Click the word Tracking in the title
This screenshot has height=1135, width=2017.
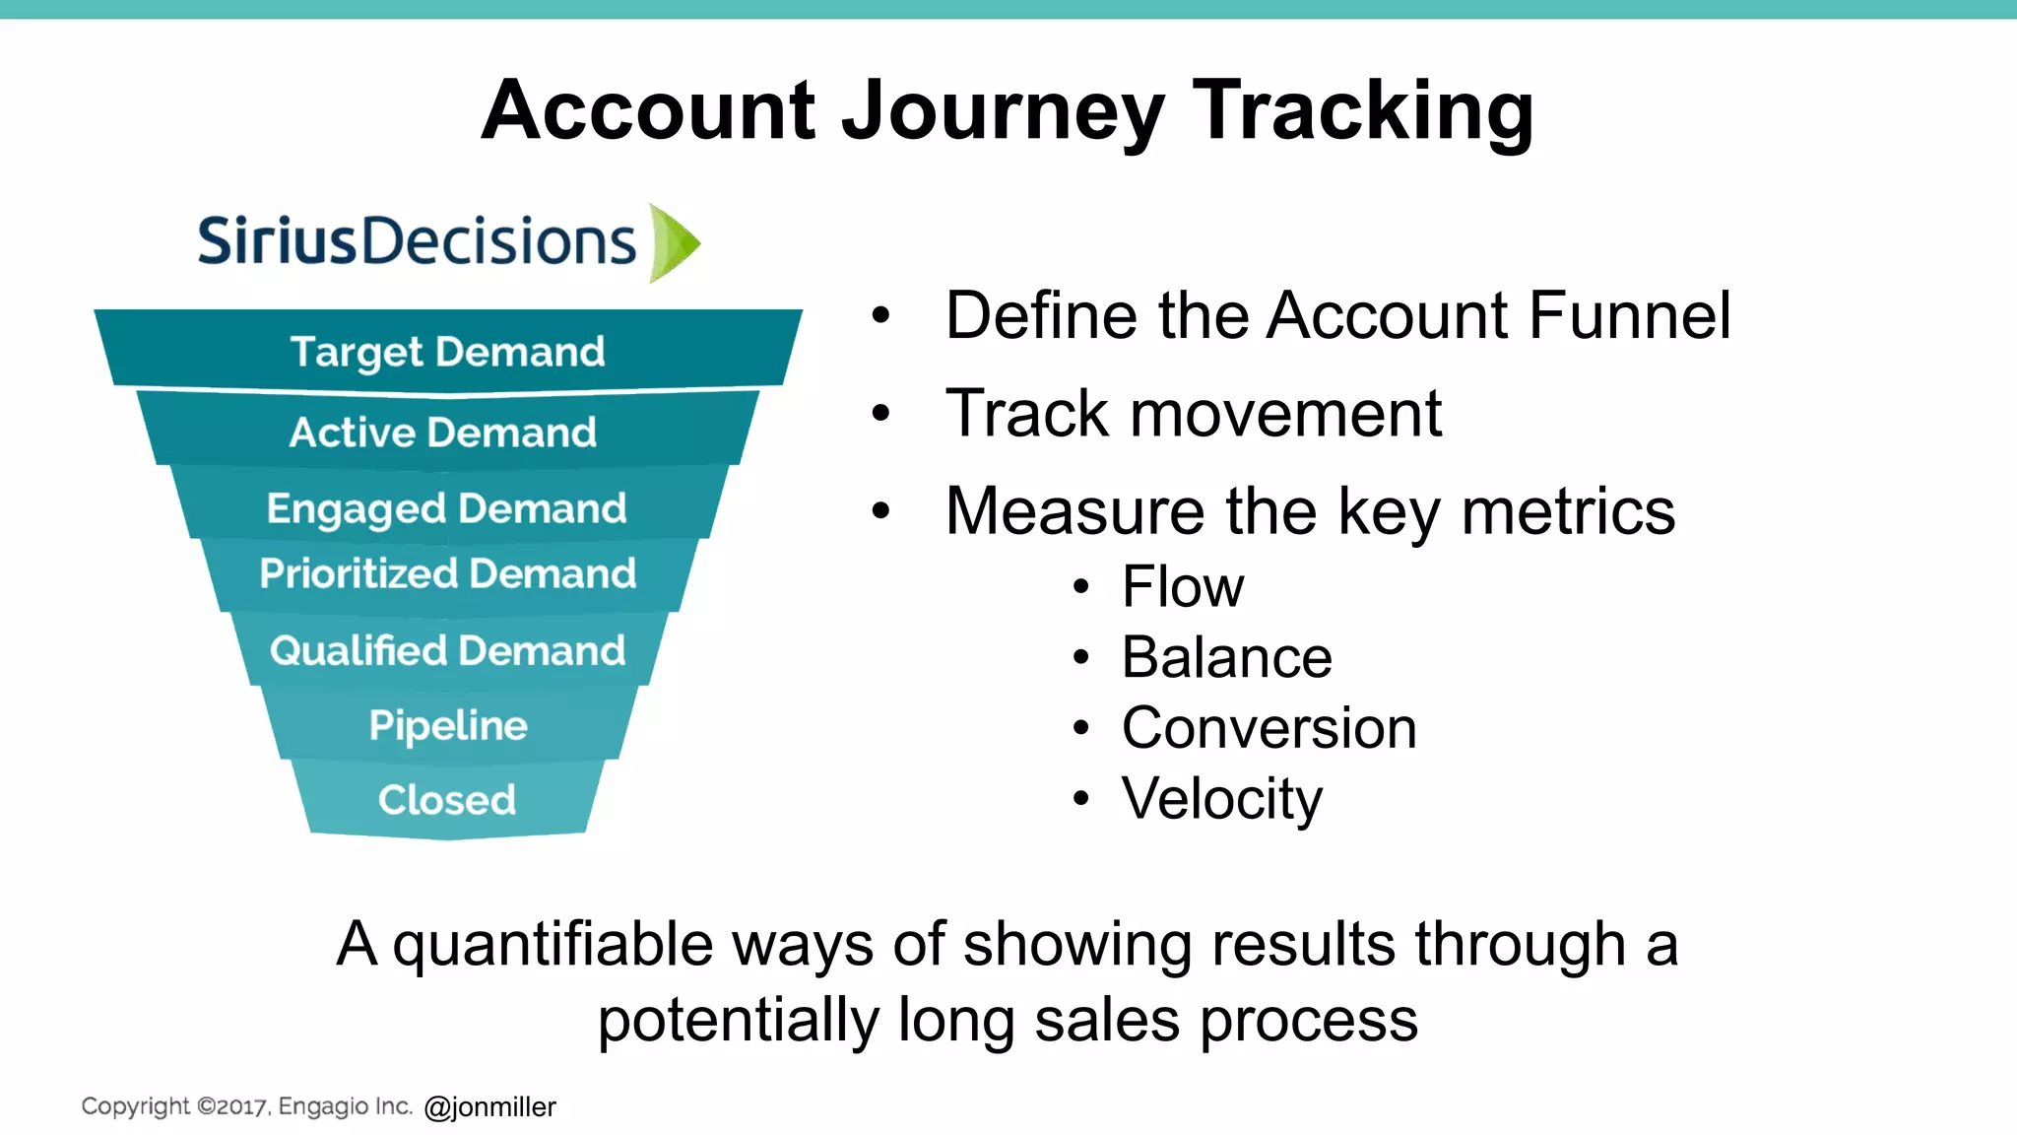click(1363, 110)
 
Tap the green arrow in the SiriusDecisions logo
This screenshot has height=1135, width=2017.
click(674, 242)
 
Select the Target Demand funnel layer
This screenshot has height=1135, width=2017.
click(447, 352)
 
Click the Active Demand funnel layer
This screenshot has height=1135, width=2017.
click(443, 432)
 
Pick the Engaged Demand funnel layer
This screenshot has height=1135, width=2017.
click(446, 508)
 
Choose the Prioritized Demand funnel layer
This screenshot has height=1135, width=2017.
click(448, 573)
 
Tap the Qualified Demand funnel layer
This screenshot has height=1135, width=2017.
click(448, 650)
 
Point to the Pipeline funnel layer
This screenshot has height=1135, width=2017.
click(448, 725)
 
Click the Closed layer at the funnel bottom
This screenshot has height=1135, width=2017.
click(447, 799)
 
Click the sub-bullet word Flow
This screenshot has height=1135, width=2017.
click(1183, 587)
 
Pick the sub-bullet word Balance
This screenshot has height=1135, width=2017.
click(1226, 657)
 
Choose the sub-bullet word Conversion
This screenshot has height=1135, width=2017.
click(1269, 728)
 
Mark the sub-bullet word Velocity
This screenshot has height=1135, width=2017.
click(1222, 798)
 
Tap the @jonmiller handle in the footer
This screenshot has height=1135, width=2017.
click(490, 1107)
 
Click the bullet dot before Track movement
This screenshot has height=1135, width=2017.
click(880, 413)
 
